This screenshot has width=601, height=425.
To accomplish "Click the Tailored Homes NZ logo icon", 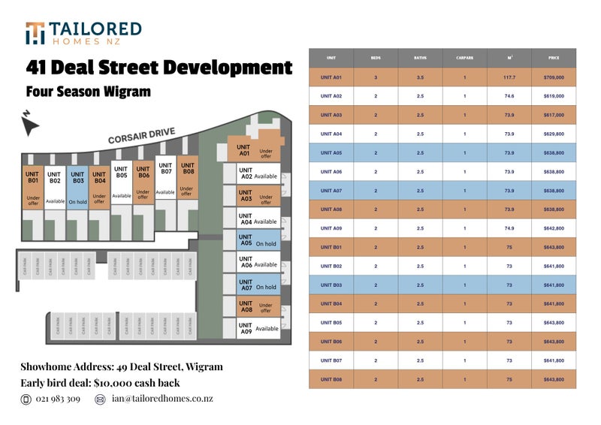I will click(35, 33).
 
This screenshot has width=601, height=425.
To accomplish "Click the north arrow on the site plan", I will click(30, 123).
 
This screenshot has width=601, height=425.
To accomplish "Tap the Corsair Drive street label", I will click(141, 137).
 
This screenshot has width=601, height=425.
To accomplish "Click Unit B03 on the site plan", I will click(77, 185).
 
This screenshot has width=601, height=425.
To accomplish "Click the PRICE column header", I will click(554, 58).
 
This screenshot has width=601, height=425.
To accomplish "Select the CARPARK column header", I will click(464, 58).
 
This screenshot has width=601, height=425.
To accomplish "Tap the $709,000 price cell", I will click(554, 77).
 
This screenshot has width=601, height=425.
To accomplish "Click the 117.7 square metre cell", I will click(509, 77).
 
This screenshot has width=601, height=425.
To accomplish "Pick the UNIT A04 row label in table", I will click(331, 134).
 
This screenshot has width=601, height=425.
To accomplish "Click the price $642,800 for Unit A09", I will click(554, 228).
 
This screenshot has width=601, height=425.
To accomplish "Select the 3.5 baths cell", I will click(420, 77).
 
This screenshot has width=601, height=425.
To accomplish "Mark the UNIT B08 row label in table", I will click(331, 379).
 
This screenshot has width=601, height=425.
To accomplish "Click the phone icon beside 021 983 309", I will click(26, 399).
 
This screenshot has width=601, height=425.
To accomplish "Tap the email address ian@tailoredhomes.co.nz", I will click(162, 399).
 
